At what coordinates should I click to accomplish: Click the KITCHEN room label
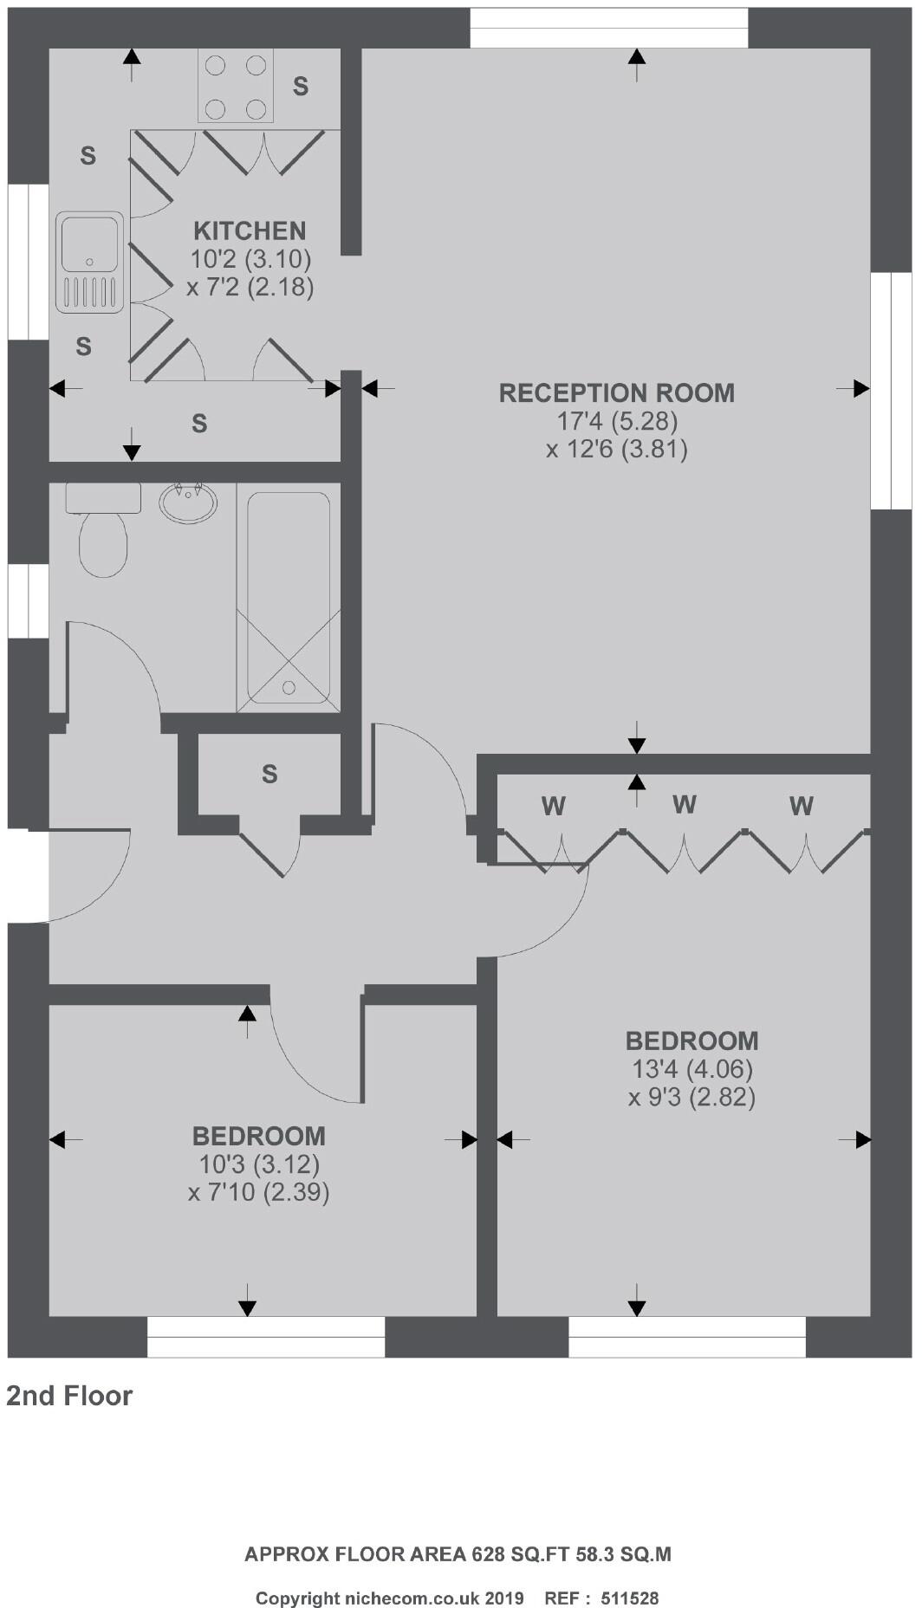click(250, 230)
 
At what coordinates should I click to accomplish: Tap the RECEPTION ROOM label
click(616, 392)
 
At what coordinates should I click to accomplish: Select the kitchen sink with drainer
click(89, 263)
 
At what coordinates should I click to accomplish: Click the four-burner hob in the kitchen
click(235, 87)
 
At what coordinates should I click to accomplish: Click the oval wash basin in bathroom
click(188, 502)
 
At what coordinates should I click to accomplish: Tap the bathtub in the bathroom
click(289, 598)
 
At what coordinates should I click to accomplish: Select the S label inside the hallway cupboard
click(269, 774)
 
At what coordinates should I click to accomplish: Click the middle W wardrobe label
click(684, 804)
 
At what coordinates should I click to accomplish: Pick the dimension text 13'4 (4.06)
click(691, 1069)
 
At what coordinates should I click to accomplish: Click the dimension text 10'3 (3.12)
click(258, 1164)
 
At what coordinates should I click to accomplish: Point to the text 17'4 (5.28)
click(616, 421)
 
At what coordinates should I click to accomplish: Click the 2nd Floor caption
click(69, 1396)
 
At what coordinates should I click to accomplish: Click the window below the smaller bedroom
click(266, 1336)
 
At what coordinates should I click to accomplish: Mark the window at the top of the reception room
click(609, 28)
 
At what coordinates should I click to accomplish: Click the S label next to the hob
click(300, 86)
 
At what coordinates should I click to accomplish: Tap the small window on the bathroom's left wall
click(28, 601)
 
